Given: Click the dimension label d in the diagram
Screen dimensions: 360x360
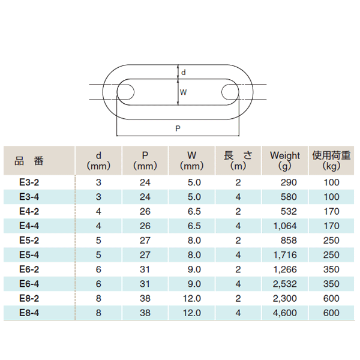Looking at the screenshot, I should (184, 73).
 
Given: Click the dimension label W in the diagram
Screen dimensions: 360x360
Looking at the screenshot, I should (184, 92).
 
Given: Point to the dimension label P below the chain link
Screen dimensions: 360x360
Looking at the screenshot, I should (178, 128).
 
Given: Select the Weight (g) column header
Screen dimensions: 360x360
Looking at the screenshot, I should (285, 160).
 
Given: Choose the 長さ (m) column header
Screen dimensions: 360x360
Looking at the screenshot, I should (238, 160).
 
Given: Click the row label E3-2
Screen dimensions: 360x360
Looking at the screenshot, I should (29, 182).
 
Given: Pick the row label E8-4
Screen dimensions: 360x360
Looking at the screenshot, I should (29, 313).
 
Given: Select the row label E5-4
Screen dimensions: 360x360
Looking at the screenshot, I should (29, 255).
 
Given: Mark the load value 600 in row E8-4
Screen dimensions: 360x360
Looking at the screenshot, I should (331, 313).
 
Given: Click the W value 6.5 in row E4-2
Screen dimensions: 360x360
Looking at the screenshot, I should (193, 211).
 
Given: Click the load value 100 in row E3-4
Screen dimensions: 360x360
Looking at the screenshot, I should (331, 197).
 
